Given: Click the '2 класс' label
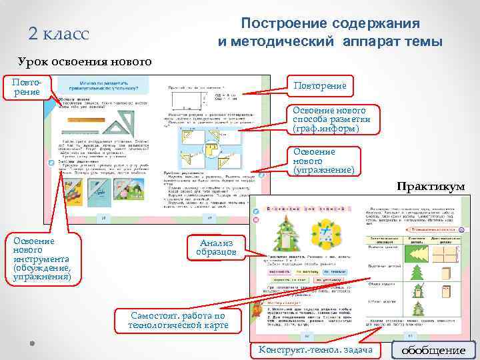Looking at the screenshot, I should (59, 33).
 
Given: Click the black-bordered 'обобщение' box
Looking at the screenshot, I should (433, 350).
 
